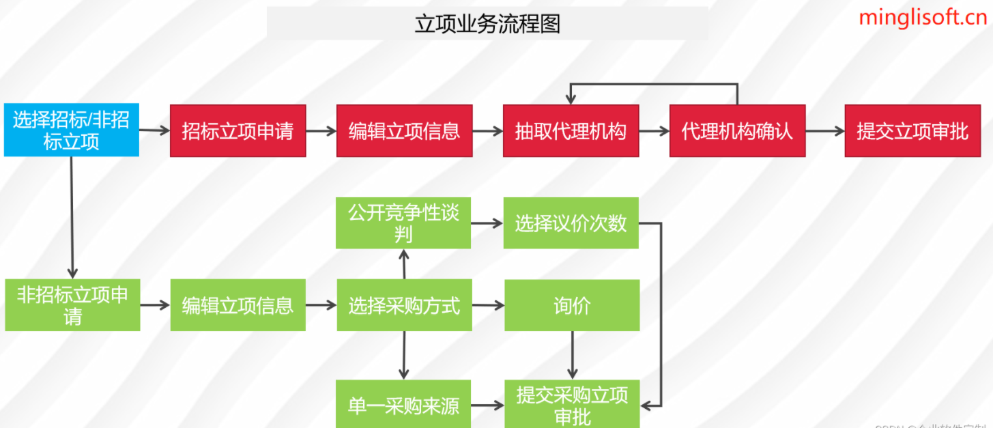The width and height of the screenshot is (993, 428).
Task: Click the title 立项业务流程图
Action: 487,24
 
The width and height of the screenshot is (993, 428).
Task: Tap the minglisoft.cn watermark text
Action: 923,17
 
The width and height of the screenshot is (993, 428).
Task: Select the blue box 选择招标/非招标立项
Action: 71,130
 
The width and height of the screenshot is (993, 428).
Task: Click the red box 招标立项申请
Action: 238,130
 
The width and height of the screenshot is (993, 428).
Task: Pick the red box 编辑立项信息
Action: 404,130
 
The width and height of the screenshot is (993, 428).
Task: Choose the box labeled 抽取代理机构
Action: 571,130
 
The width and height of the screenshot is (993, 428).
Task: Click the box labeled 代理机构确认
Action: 737,130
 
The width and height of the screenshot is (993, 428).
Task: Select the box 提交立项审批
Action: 912,130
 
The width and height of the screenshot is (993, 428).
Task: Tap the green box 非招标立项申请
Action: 72,305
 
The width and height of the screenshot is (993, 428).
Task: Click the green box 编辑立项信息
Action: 238,305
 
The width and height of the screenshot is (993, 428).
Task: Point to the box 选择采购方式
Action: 404,305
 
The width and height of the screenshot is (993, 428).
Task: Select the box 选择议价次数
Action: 571,223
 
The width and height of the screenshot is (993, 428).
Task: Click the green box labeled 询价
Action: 572,305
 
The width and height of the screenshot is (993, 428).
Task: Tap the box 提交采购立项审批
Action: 572,405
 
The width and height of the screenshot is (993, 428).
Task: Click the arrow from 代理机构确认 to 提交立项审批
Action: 824,131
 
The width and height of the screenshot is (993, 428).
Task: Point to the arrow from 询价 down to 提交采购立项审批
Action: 572,354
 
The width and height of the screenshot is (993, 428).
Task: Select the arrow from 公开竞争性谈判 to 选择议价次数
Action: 487,223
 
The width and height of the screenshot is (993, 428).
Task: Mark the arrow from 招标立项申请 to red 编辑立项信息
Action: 321,131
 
